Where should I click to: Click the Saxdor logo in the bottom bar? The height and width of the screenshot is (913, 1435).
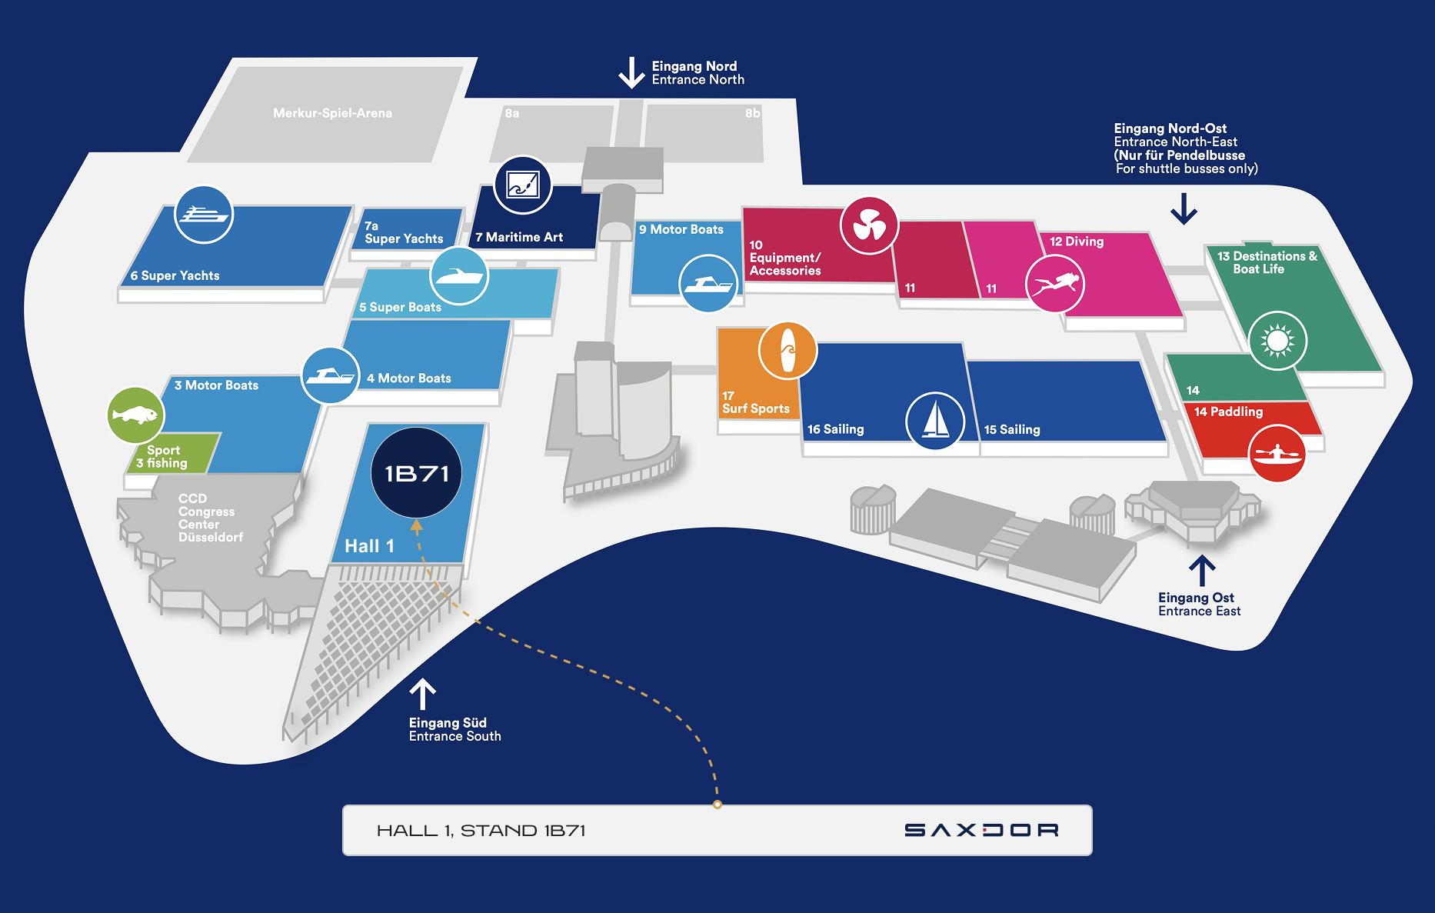tap(981, 830)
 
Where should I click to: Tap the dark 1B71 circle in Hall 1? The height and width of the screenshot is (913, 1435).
tap(416, 472)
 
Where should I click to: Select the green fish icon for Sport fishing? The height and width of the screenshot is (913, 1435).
tap(135, 415)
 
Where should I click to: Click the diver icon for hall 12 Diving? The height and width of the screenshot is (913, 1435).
tap(1055, 284)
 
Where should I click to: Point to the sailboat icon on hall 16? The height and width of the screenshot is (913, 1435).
tap(935, 421)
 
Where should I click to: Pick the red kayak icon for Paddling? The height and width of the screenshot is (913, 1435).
tap(1277, 453)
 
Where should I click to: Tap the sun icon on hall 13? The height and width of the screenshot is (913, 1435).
tap(1277, 340)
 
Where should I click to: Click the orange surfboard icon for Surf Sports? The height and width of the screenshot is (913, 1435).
tap(787, 351)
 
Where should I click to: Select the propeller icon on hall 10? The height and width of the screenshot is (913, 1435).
tap(869, 225)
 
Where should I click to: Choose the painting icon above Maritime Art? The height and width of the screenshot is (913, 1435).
tap(523, 185)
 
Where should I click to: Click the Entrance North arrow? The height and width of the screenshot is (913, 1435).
tap(631, 73)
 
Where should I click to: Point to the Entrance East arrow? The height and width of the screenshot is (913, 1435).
tap(1202, 571)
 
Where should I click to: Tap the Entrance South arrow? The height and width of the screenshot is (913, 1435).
tap(422, 694)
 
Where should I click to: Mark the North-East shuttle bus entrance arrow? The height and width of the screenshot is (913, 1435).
tap(1184, 208)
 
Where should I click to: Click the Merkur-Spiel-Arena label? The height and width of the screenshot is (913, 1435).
tap(332, 113)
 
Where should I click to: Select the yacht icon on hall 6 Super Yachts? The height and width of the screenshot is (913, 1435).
tap(204, 215)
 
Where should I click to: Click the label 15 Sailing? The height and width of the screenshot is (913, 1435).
tap(1012, 429)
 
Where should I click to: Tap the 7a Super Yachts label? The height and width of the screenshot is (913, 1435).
tap(403, 232)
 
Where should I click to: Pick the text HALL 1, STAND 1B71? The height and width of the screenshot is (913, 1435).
tap(481, 831)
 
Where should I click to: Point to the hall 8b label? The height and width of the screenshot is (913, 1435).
tap(752, 113)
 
